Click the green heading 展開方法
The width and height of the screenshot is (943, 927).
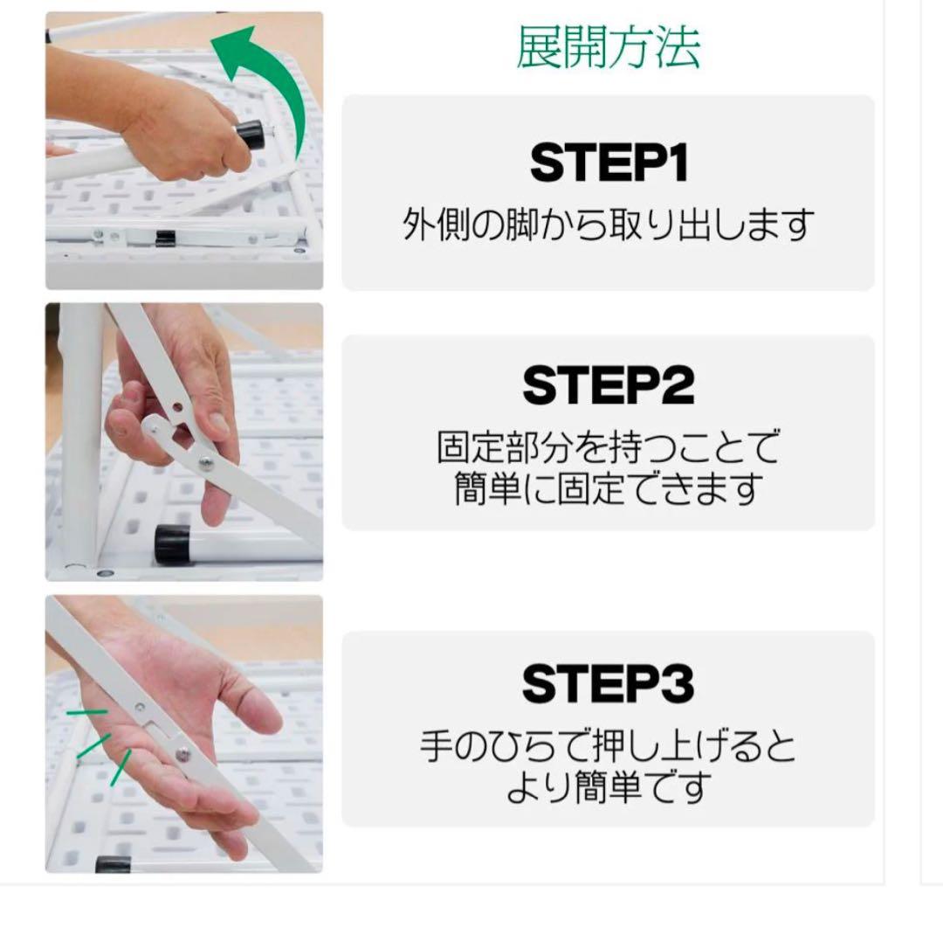click(608, 48)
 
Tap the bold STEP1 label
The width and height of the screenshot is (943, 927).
click(609, 163)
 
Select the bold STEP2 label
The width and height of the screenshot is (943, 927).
click(609, 386)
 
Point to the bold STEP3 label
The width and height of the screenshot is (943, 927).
click(609, 684)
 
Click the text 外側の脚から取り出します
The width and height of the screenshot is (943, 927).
click(609, 225)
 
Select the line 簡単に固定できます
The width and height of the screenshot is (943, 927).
click(609, 489)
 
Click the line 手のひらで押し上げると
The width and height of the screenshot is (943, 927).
click(609, 748)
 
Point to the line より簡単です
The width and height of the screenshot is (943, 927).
click(609, 788)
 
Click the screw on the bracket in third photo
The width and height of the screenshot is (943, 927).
click(184, 754)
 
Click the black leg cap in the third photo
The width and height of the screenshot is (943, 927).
click(114, 864)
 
